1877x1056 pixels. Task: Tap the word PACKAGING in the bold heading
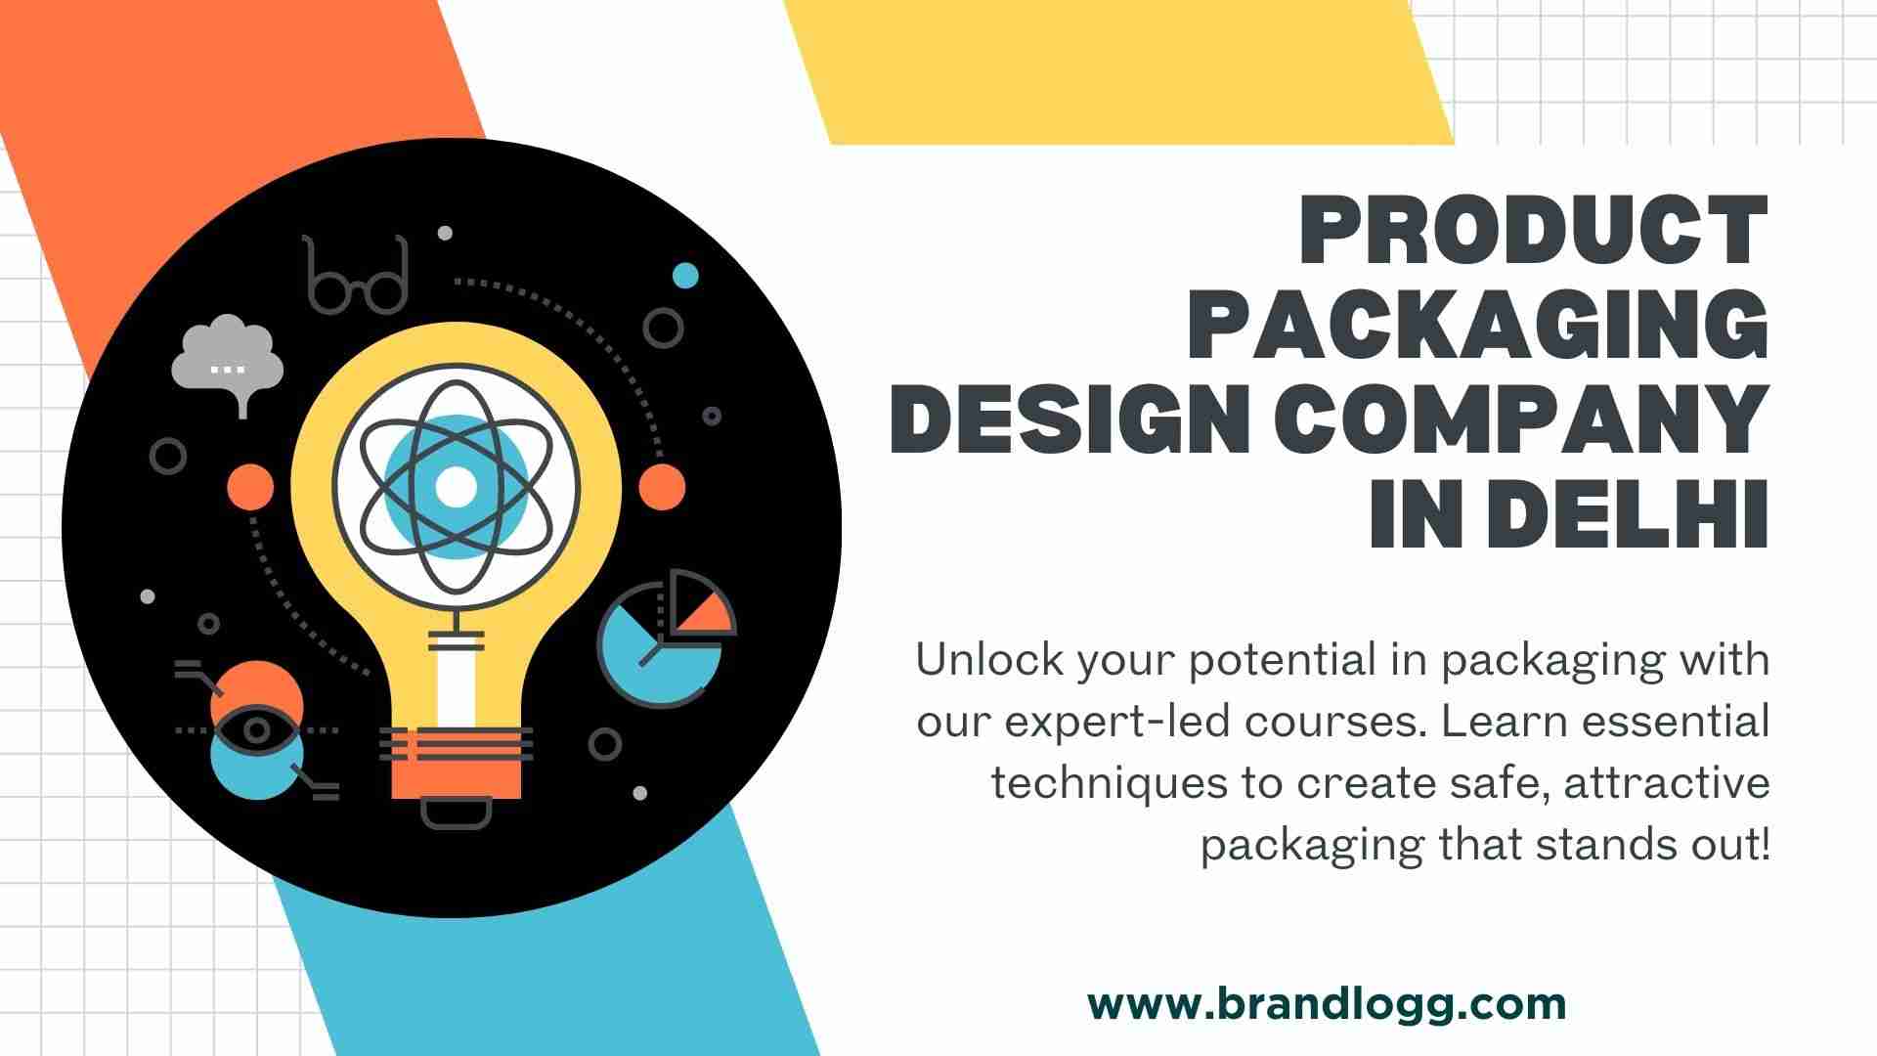pyautogui.click(x=1478, y=325)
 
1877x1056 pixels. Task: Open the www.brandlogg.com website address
pyautogui.click(x=1327, y=1004)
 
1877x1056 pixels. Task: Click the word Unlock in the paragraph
pyautogui.click(x=989, y=660)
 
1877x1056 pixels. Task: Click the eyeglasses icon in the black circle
pyautogui.click(x=354, y=275)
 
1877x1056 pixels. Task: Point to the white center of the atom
pyautogui.click(x=455, y=486)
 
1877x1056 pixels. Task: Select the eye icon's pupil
pyautogui.click(x=257, y=730)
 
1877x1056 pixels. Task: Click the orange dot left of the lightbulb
pyautogui.click(x=251, y=486)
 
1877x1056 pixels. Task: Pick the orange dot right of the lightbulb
pyautogui.click(x=662, y=486)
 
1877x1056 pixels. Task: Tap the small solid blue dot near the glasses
pyautogui.click(x=686, y=276)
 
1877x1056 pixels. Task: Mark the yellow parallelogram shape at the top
pyautogui.click(x=1119, y=72)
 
